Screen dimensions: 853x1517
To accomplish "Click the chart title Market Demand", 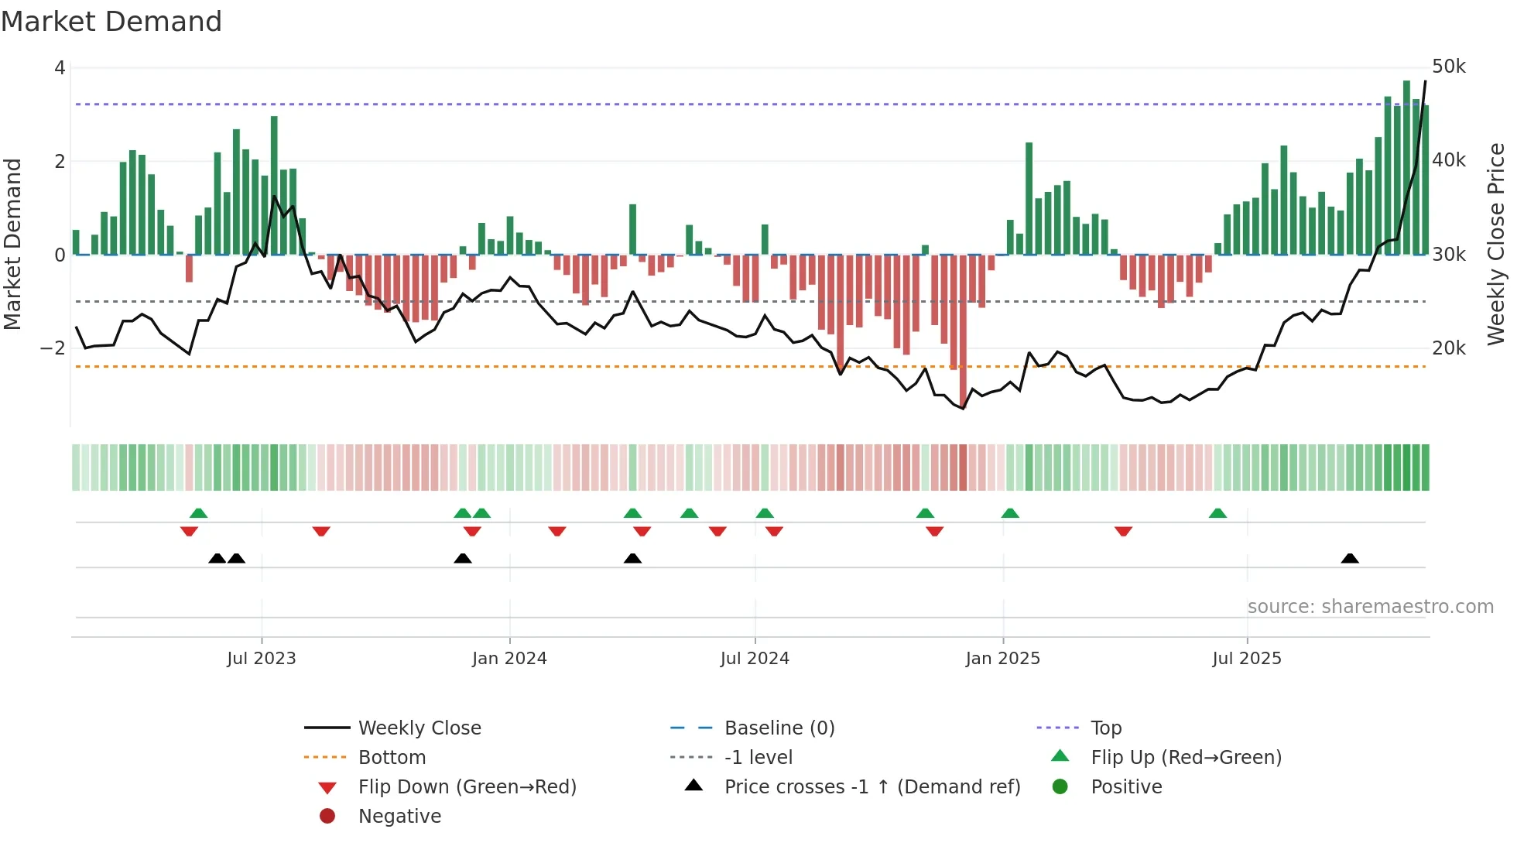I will (111, 22).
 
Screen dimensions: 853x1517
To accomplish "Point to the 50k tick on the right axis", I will (1448, 67).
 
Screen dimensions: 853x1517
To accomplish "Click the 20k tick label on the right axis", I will (1448, 348).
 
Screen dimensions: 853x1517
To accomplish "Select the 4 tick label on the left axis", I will (60, 68).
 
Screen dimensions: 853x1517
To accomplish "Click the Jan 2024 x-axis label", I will (509, 659).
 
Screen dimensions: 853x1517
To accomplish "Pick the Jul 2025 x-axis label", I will (1246, 659).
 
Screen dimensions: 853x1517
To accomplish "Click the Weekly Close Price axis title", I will (1496, 244).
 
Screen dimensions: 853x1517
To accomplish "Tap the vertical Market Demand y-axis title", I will (12, 244).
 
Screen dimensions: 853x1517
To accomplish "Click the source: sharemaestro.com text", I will (1370, 607).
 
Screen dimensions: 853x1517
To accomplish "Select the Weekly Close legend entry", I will (419, 728).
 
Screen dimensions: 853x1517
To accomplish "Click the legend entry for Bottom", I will (392, 758).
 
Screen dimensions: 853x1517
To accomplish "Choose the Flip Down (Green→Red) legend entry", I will (467, 787).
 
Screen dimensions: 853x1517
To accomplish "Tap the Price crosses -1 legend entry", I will (872, 787).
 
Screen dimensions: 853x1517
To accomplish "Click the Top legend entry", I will (1105, 728).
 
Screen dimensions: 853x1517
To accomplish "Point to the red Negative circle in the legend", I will (327, 817).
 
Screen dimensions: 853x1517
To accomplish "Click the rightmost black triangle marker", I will (1350, 559).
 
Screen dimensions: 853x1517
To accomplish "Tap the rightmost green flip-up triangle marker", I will (1217, 513).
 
